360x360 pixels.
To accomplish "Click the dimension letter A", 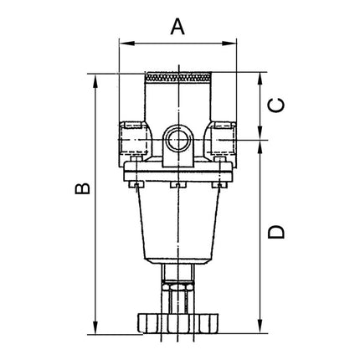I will pyautogui.click(x=177, y=26).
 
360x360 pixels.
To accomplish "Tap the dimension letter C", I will pyautogui.click(x=279, y=105).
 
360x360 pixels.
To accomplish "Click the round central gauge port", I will pyautogui.click(x=178, y=136).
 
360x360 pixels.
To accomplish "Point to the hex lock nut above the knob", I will pyautogui.click(x=177, y=294).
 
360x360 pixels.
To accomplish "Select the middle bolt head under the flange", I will pyautogui.click(x=177, y=185).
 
